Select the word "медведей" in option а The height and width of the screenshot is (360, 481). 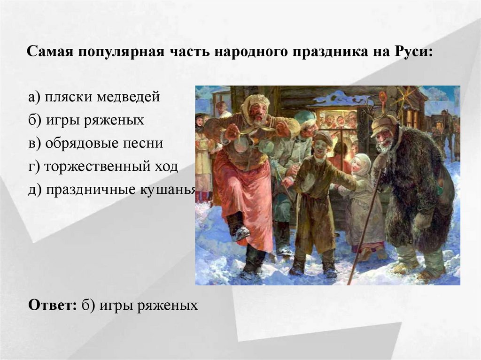pos(129,97)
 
